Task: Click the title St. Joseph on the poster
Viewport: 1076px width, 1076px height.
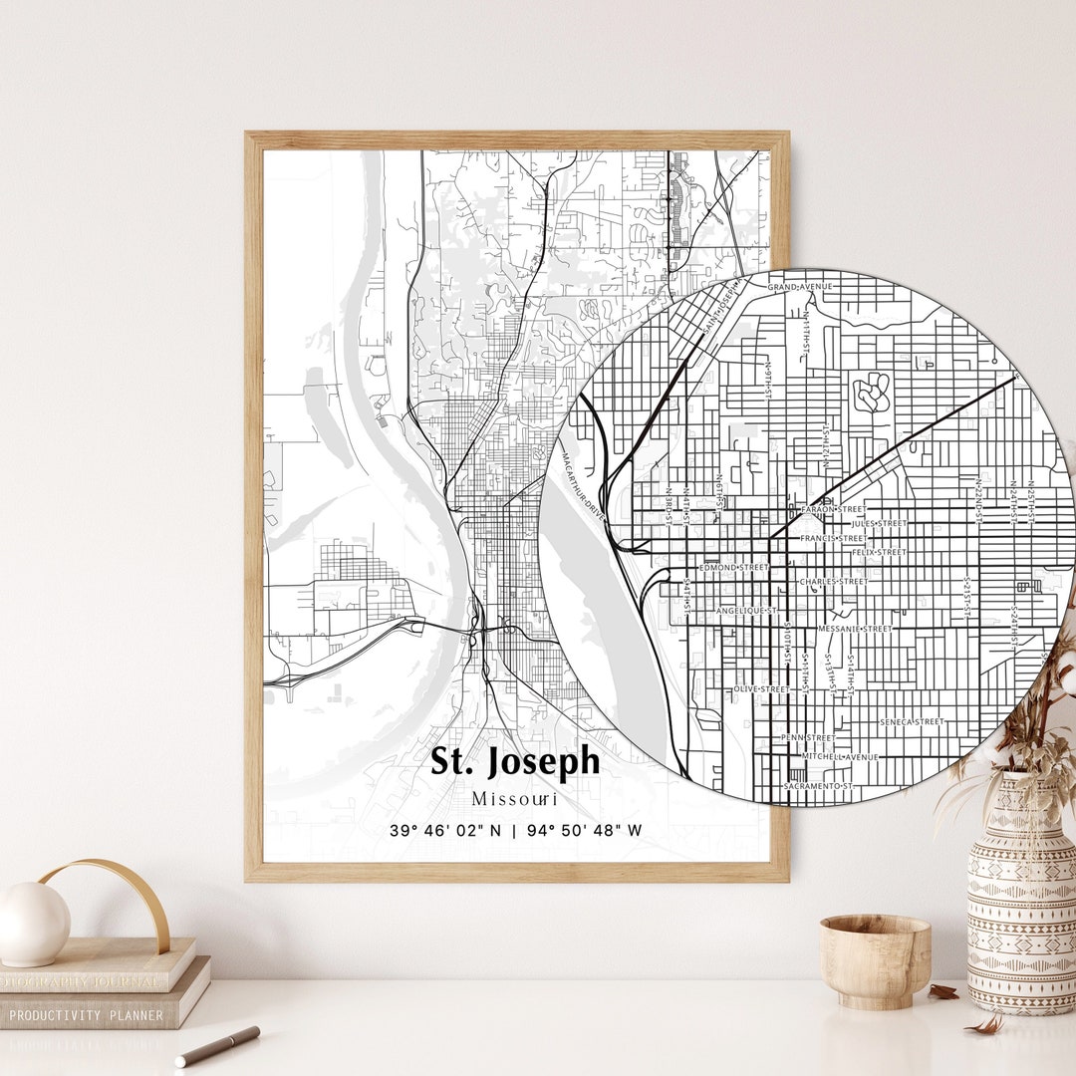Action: point(515,761)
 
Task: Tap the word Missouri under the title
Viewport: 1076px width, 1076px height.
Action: point(515,798)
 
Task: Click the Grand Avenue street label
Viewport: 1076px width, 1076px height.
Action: point(799,287)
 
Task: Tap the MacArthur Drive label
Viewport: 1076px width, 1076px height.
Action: point(582,482)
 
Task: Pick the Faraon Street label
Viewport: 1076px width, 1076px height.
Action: point(834,508)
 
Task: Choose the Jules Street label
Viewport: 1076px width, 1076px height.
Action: point(879,523)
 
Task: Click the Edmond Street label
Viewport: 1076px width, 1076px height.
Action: point(734,567)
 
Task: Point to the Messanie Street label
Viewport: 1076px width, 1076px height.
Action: point(855,629)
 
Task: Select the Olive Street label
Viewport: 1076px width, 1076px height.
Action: point(761,688)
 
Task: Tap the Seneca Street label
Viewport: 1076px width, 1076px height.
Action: point(912,721)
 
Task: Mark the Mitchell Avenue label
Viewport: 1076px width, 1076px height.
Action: point(842,757)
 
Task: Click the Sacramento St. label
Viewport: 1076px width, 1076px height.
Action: point(819,786)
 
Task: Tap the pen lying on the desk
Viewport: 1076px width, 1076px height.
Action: point(217,1045)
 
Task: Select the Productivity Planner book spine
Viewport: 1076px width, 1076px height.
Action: point(90,1014)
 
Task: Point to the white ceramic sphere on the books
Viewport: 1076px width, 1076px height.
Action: point(34,923)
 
